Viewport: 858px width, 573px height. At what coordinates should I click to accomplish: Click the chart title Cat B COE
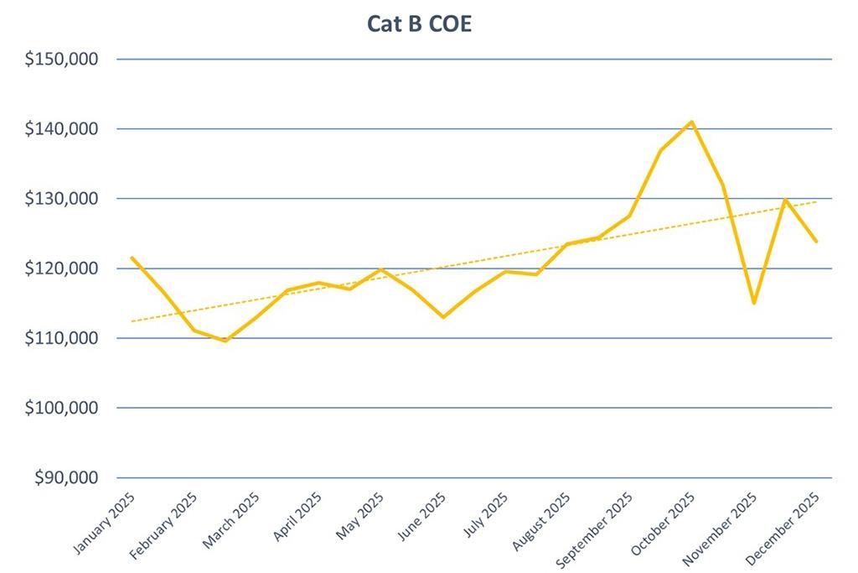[x=419, y=23]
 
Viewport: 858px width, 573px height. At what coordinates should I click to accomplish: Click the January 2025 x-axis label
[x=106, y=524]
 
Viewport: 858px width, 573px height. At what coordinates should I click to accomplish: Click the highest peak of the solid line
[x=691, y=122]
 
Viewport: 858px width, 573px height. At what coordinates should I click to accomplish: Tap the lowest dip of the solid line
[x=225, y=341]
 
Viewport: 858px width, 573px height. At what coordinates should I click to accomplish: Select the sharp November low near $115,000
[x=754, y=303]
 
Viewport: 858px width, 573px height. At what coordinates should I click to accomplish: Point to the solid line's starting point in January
[x=132, y=258]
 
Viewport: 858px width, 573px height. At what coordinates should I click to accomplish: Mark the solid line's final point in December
[x=816, y=242]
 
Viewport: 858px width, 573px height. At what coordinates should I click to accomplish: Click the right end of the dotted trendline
[x=817, y=201]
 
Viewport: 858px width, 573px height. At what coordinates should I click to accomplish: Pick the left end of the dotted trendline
[x=132, y=321]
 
